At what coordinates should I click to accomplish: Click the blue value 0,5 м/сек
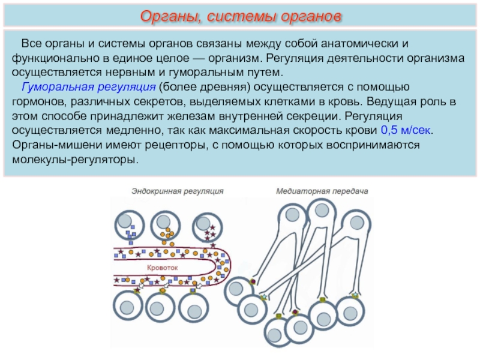point(406,131)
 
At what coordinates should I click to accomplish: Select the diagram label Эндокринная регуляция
point(178,191)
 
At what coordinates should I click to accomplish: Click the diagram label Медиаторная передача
point(322,191)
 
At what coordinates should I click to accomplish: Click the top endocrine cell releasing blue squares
point(128,224)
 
